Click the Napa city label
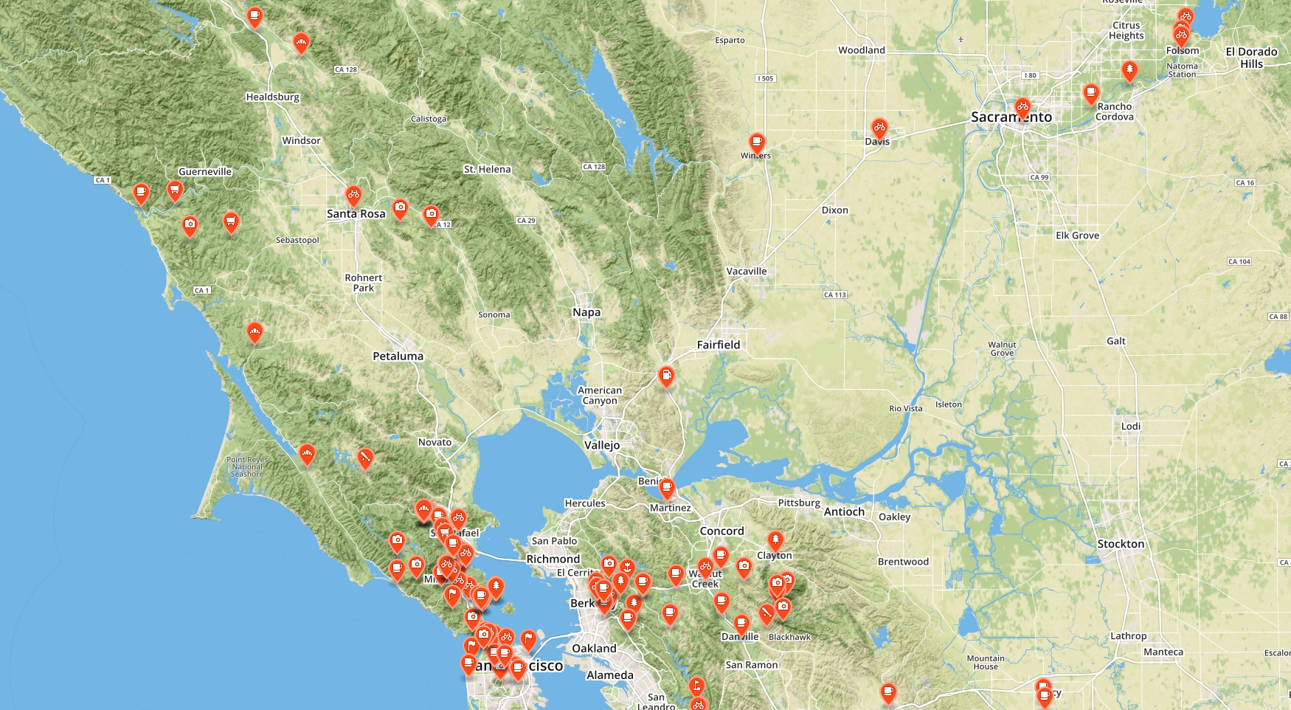[586, 312]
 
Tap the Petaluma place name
[398, 356]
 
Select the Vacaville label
[746, 271]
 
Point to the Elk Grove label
[1077, 235]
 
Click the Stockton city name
[1121, 544]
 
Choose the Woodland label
[861, 50]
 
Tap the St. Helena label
[487, 169]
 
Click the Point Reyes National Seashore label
[247, 466]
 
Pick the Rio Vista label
[905, 408]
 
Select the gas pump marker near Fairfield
[666, 376]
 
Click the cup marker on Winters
[756, 141]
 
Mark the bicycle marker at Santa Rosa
[353, 196]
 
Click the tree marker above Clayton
[775, 540]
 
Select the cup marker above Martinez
[666, 487]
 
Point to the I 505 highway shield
[766, 78]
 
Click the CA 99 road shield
[1039, 177]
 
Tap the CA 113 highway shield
[834, 294]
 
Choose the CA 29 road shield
[526, 221]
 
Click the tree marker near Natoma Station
[1129, 70]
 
